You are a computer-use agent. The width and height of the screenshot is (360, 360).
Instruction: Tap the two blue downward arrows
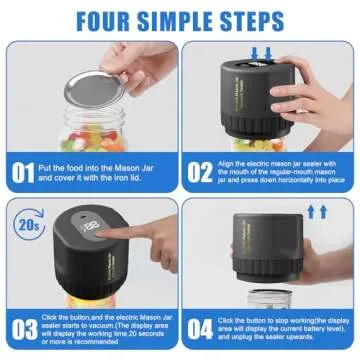[264, 50]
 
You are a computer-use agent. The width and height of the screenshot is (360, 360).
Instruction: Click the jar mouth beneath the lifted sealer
[262, 296]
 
